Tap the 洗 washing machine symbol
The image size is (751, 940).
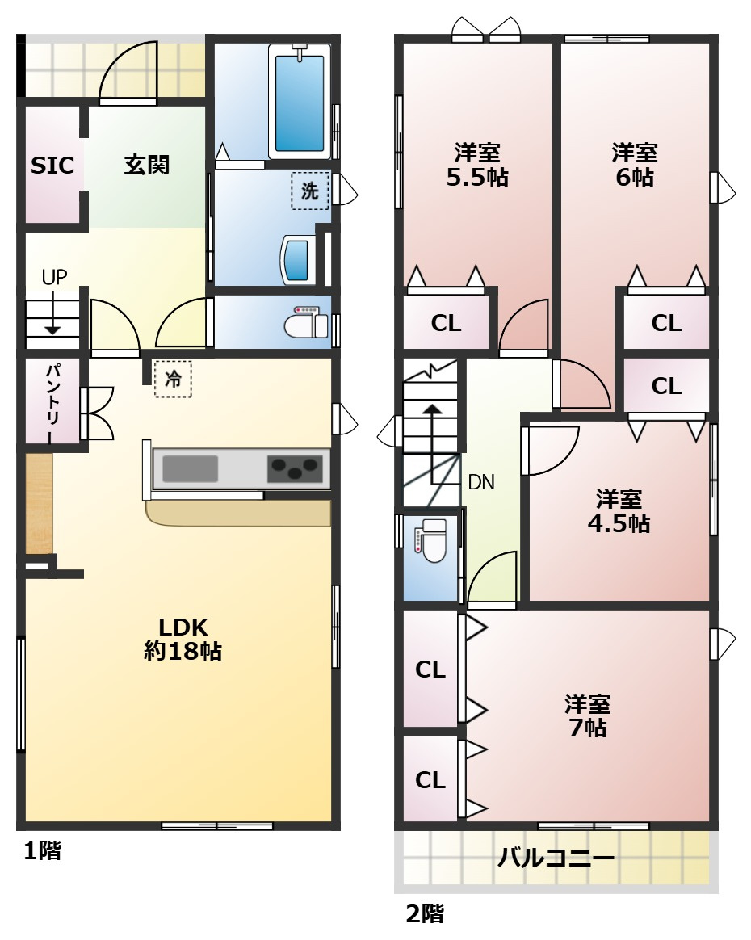point(310,191)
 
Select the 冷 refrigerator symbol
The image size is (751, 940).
point(173,379)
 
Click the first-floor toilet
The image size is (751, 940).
point(306,324)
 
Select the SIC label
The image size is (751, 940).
point(52,166)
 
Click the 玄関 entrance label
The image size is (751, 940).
point(146,165)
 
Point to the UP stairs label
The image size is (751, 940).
point(54,277)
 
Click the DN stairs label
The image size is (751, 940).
point(481,483)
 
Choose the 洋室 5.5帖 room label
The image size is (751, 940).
point(476,165)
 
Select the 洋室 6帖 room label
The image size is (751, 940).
point(634,165)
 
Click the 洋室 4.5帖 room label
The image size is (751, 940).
point(619,510)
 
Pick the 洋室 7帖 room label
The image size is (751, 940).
point(587,715)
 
